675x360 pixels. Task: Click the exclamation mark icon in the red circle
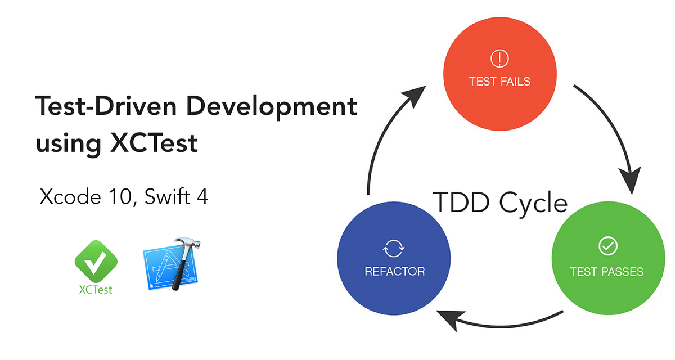pyautogui.click(x=499, y=57)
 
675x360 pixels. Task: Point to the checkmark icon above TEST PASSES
pyautogui.click(x=607, y=246)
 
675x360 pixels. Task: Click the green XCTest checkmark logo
pyautogui.click(x=96, y=262)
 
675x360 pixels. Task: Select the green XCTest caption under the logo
pyautogui.click(x=96, y=290)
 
